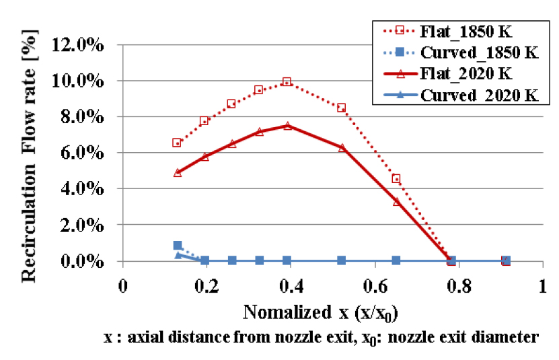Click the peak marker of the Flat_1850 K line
click(x=287, y=82)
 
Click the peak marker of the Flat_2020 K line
click(x=287, y=126)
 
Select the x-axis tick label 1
click(x=542, y=285)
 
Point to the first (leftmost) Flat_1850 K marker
click(x=177, y=143)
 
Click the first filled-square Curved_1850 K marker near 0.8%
click(x=178, y=246)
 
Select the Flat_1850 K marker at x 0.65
click(x=396, y=178)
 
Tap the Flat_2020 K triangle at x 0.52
click(x=342, y=147)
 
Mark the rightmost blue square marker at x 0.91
click(x=506, y=260)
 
